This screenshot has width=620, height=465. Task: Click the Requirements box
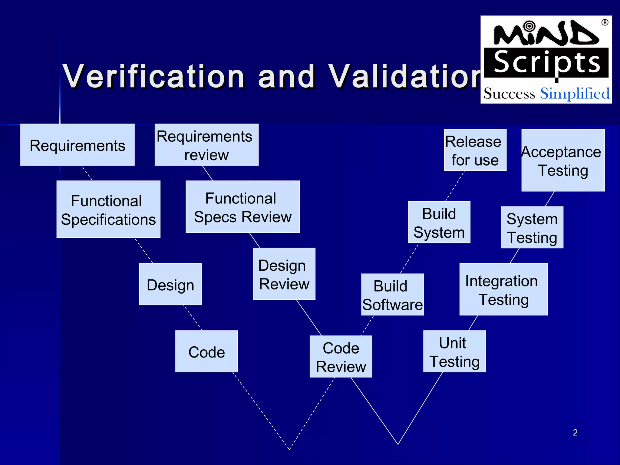(77, 145)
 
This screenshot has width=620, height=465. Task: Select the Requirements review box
(206, 145)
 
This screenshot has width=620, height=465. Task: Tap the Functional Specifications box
(108, 209)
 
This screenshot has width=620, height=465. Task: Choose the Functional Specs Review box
(242, 207)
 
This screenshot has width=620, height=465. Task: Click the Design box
(170, 284)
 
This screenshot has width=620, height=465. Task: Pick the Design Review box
(284, 274)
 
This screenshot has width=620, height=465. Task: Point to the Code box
(206, 351)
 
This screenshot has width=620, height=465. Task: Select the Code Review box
(341, 356)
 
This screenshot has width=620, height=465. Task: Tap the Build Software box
(392, 295)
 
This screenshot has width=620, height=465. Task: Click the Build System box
(439, 222)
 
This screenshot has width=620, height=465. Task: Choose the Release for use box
(475, 150)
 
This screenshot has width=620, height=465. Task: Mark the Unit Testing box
(454, 351)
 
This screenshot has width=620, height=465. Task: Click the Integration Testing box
(503, 289)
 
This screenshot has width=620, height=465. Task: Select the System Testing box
(532, 227)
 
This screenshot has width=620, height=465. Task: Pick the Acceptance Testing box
(563, 160)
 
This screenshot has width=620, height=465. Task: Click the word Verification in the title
(153, 77)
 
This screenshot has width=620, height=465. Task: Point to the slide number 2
(575, 432)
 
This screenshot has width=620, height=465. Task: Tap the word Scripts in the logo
(546, 63)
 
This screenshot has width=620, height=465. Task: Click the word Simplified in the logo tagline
(575, 93)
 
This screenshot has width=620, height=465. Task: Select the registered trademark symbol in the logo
(605, 23)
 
